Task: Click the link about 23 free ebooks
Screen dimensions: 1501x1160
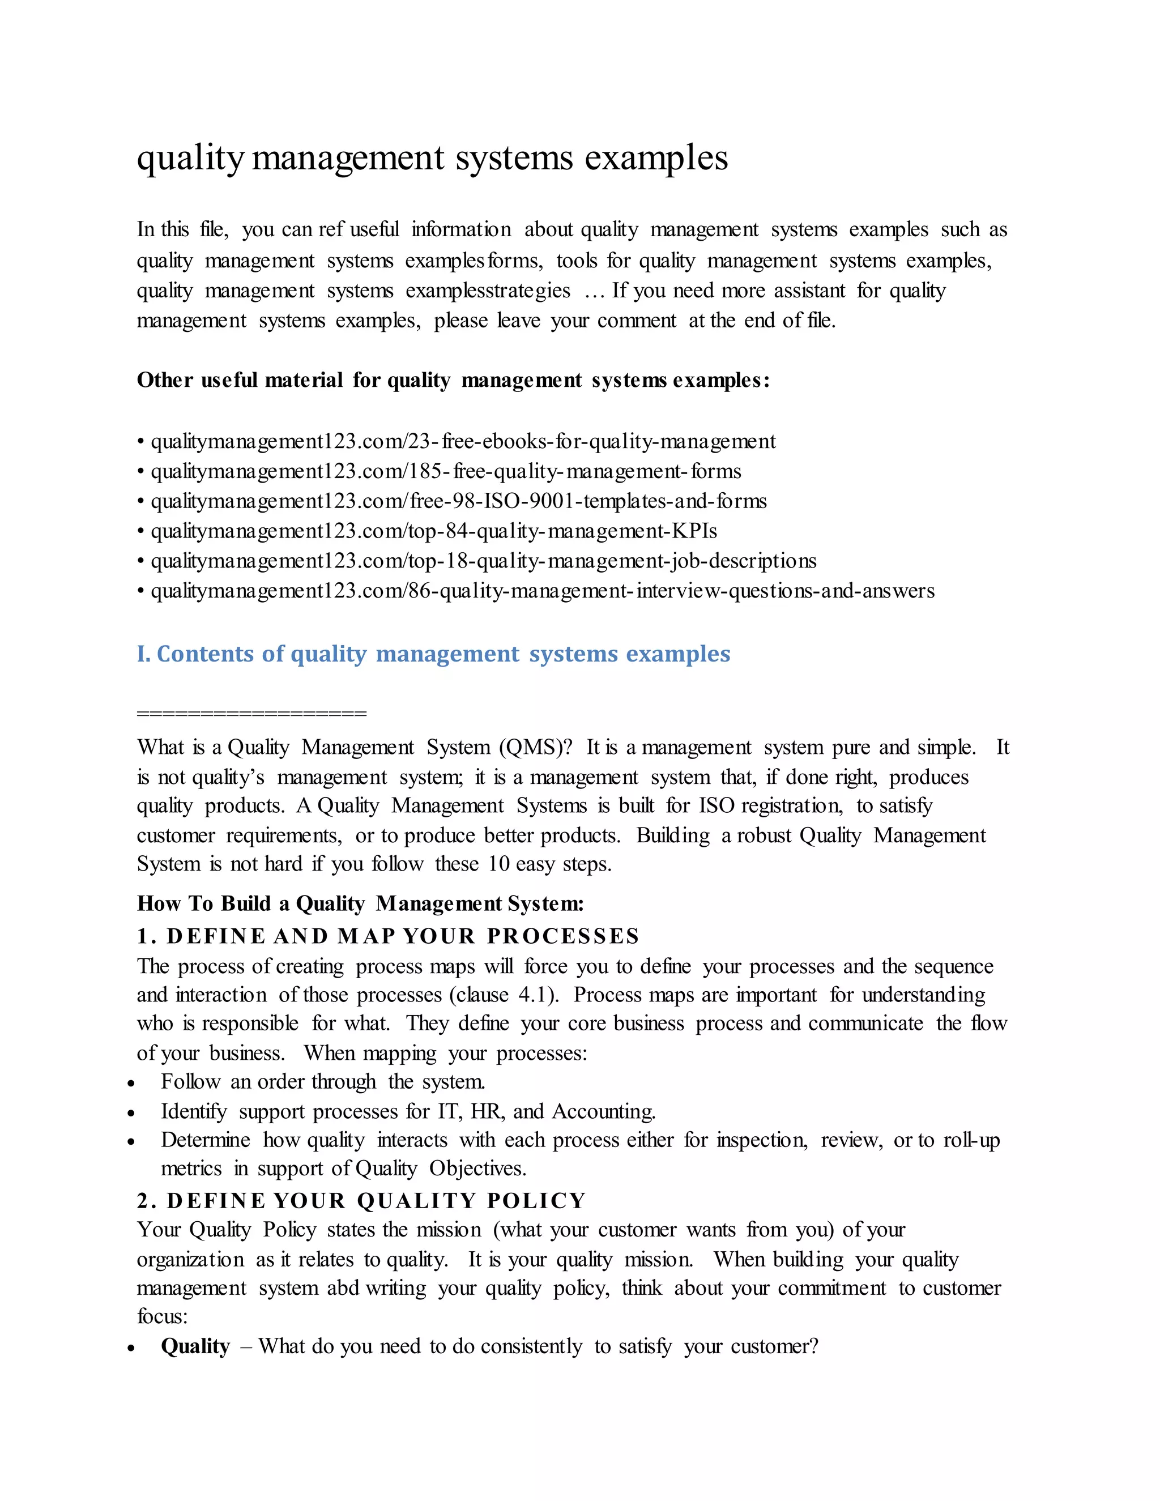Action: coord(463,441)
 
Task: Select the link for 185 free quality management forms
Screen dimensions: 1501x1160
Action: coord(445,471)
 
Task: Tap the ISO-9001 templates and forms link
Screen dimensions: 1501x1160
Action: coord(458,501)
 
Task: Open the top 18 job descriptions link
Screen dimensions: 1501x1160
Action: coord(483,561)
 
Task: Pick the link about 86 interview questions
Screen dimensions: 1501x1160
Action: coord(542,591)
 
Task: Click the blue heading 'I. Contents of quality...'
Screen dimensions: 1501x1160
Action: coord(433,654)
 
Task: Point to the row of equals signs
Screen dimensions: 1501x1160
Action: coord(251,713)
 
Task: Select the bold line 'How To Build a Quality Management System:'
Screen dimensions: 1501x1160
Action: coord(360,904)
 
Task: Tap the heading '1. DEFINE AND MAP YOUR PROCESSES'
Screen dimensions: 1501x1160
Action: coord(387,936)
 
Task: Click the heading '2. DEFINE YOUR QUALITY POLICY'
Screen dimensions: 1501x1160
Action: coord(361,1201)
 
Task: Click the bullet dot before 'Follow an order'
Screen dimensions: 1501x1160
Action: coord(131,1083)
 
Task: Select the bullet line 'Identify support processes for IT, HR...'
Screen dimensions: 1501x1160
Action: coord(408,1111)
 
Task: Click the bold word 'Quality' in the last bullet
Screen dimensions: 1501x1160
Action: coord(195,1346)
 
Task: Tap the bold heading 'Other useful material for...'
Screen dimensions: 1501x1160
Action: coord(453,380)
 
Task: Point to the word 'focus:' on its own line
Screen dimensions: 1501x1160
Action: coord(162,1317)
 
